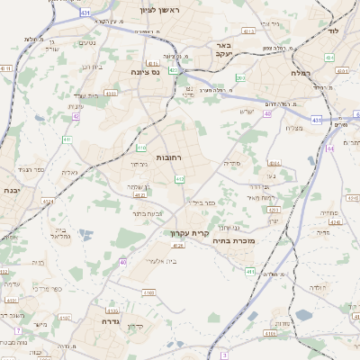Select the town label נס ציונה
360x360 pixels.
tap(145, 72)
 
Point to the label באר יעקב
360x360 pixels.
tap(220, 49)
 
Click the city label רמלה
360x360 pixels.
tap(301, 72)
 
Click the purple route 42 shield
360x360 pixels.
tap(76, 116)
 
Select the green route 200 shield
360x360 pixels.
tap(239, 78)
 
